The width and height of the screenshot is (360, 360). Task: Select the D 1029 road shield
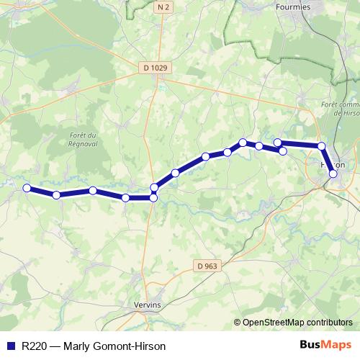[x=156, y=68]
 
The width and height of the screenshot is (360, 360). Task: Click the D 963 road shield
[x=207, y=266]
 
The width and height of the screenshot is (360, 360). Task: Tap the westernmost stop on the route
[x=27, y=188]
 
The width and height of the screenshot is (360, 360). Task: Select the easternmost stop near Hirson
[x=333, y=174]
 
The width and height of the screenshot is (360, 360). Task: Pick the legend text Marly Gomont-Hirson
[x=114, y=346]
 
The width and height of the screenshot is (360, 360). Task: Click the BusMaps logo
[x=325, y=345]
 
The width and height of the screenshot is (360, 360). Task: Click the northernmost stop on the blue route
[x=243, y=143]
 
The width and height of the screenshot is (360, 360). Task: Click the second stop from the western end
[x=56, y=195]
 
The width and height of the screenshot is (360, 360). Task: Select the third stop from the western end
[x=93, y=190]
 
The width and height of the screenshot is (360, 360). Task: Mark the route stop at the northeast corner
[x=322, y=146]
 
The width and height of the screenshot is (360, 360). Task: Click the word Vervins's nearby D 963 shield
[x=207, y=266]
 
